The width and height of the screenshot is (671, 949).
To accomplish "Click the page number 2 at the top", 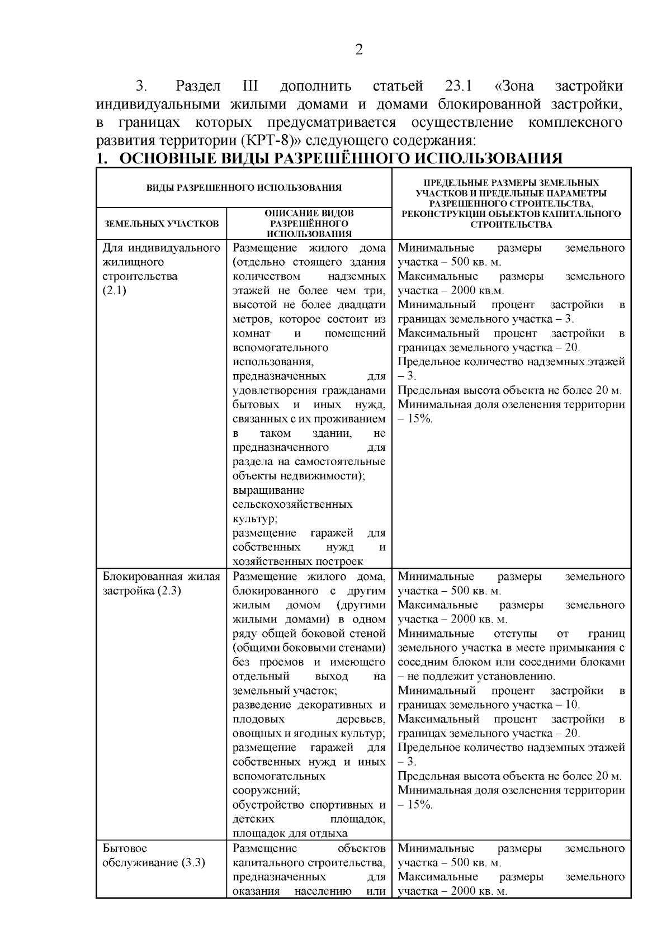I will coord(360,50).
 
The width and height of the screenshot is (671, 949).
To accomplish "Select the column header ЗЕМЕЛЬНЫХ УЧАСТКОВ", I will coord(162,224).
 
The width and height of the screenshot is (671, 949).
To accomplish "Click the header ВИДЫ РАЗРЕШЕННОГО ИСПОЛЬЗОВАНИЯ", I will coord(244,188).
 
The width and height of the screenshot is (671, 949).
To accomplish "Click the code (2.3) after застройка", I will coord(169,591).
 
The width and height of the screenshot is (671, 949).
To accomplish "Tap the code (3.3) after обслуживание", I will coord(193,862).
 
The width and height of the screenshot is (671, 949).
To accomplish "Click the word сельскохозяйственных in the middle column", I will coord(292,504).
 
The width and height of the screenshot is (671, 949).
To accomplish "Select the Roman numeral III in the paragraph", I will coord(250,87).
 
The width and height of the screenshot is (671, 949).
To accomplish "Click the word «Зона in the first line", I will coord(514,87).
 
